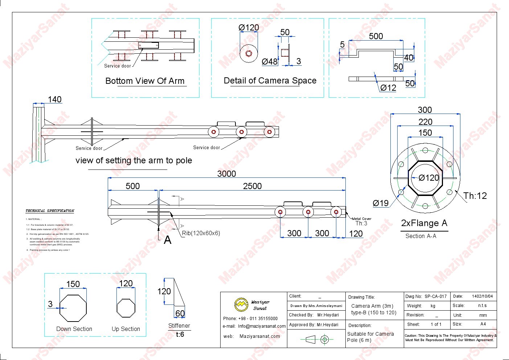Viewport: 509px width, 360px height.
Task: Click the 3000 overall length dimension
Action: click(226, 174)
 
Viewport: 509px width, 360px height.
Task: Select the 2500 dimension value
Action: click(252, 186)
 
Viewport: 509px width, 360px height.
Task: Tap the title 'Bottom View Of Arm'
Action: click(145, 81)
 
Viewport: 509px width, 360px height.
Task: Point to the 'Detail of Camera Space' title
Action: click(270, 81)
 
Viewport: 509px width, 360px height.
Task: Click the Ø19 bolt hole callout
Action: click(381, 203)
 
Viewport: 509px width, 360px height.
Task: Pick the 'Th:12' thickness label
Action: click(475, 196)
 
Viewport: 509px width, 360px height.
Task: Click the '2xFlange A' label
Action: click(424, 223)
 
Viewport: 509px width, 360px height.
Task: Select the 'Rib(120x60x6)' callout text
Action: click(201, 233)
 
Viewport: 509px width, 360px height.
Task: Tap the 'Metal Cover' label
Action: click(361, 219)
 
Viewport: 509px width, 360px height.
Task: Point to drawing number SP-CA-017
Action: click(435, 296)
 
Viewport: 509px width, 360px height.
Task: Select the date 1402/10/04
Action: click(482, 296)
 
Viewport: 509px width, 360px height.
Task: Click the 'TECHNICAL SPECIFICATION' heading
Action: click(50, 211)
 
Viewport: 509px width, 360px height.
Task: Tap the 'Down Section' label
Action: click(74, 329)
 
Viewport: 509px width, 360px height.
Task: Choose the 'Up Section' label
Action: click(126, 329)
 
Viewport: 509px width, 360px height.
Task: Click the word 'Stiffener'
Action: click(179, 326)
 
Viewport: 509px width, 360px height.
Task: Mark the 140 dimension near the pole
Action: click(54, 99)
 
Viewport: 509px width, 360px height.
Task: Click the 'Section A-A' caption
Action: click(421, 236)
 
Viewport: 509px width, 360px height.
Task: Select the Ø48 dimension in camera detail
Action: click(270, 62)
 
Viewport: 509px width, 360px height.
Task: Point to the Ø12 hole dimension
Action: click(388, 88)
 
